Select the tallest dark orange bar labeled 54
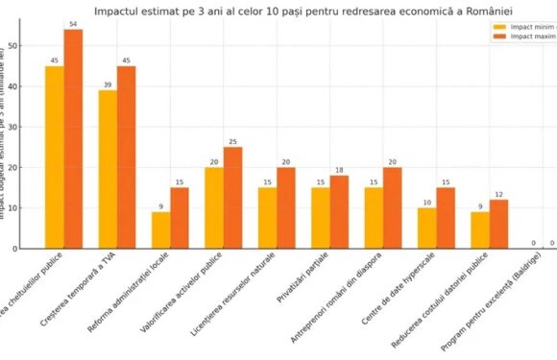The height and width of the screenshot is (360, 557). (x=73, y=139)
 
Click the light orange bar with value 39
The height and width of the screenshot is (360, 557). (x=108, y=169)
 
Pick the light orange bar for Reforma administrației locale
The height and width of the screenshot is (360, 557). (x=161, y=230)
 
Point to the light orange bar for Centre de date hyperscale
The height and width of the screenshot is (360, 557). (x=427, y=228)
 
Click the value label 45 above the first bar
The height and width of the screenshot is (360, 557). (x=55, y=60)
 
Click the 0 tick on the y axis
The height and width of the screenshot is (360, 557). (x=29, y=249)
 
